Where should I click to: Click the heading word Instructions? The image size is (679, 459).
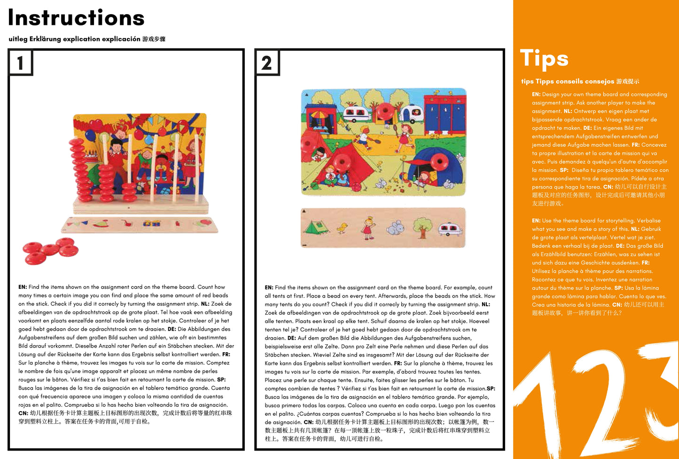(x=76, y=18)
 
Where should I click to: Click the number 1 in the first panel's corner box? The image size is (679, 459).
(x=20, y=63)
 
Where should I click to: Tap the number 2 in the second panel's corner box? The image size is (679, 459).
(x=266, y=63)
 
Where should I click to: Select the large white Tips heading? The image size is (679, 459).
(x=544, y=59)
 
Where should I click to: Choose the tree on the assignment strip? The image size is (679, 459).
(x=423, y=227)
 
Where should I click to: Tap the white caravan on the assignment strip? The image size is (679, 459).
(x=450, y=229)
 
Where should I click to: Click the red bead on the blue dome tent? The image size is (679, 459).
(x=439, y=161)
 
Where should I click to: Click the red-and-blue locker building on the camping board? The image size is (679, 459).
(x=445, y=113)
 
